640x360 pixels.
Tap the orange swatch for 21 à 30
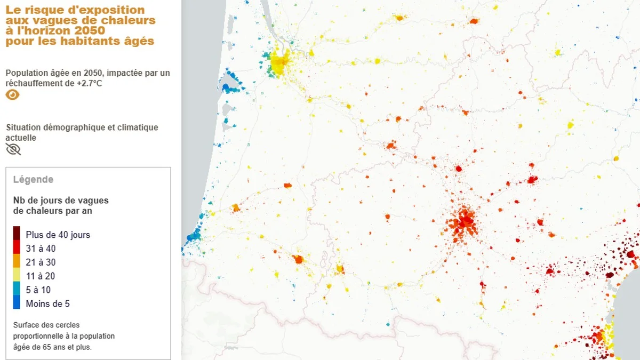click(17, 261)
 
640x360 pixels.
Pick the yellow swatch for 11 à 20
click(17, 275)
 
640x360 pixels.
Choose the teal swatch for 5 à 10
click(17, 289)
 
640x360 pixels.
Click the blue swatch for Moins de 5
click(17, 303)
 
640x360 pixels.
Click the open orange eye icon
click(13, 95)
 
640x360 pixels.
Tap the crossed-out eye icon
click(13, 149)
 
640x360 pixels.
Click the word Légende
click(33, 180)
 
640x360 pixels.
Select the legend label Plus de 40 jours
click(58, 235)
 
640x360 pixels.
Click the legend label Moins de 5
click(47, 304)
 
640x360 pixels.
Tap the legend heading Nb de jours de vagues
click(61, 201)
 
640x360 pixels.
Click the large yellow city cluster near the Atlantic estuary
click(279, 62)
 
